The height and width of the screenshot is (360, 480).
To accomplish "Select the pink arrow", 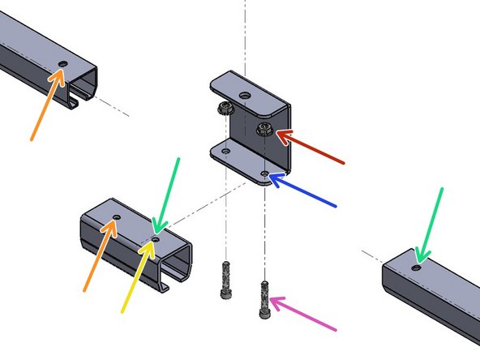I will point(304,315).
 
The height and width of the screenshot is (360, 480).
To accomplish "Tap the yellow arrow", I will point(139,276).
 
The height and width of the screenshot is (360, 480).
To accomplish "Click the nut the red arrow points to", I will point(264,129).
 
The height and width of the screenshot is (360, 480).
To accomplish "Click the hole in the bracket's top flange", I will point(246,94).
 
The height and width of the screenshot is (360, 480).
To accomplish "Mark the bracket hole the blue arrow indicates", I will point(267,173).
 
